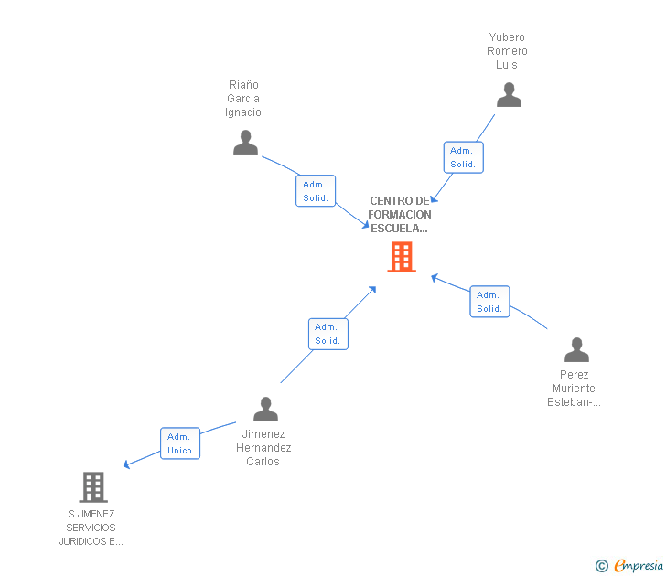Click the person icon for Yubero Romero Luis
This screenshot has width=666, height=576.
[x=509, y=95]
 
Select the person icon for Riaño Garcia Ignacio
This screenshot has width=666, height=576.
[x=245, y=143]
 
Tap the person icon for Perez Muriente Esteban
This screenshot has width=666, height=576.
[x=576, y=350]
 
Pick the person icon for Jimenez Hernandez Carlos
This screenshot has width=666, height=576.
[x=265, y=409]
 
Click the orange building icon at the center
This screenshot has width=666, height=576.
[x=401, y=257]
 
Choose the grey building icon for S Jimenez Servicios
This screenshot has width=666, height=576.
[x=93, y=487]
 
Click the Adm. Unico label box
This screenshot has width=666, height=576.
[x=180, y=443]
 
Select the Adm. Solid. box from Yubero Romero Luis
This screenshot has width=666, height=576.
[x=463, y=157]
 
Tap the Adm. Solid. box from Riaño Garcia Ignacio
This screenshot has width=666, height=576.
[x=316, y=191]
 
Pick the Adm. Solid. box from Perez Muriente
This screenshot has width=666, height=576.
[x=489, y=302]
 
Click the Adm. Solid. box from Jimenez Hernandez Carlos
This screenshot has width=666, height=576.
[x=328, y=334]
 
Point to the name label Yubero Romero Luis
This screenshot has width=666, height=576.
[x=507, y=51]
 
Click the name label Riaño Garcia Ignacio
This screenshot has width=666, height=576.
[x=243, y=99]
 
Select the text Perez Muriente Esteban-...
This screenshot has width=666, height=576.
[x=575, y=389]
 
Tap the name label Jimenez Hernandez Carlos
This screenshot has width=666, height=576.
[x=263, y=448]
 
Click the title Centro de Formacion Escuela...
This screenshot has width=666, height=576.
[x=400, y=215]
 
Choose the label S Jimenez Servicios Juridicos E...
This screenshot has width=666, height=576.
[x=91, y=528]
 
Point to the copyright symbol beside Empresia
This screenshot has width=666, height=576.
[x=601, y=567]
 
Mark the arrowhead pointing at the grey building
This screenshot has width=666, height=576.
[x=127, y=466]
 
